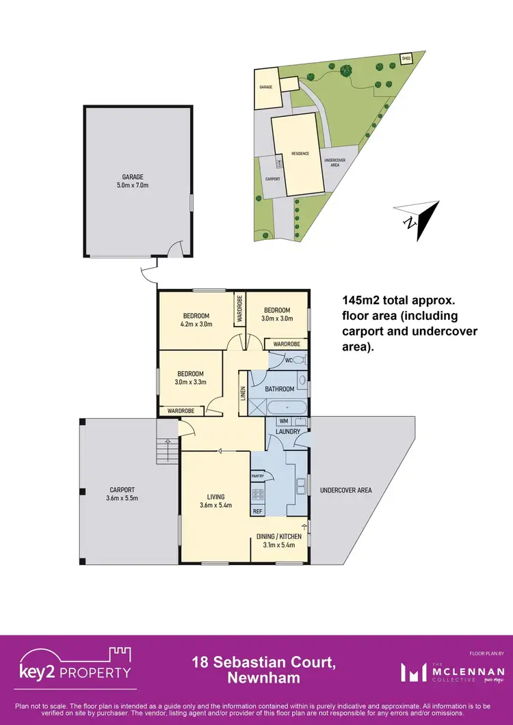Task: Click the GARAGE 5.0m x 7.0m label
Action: point(133,180)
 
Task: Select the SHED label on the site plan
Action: point(405,58)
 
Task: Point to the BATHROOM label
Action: point(280,389)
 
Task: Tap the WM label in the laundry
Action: point(283,422)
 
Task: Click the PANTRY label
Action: point(258,476)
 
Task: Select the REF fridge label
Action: point(258,510)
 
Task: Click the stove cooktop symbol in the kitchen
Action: point(259,494)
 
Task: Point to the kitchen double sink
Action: point(300,486)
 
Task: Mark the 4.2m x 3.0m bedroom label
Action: point(197,320)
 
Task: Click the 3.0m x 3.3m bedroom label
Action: point(190,378)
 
